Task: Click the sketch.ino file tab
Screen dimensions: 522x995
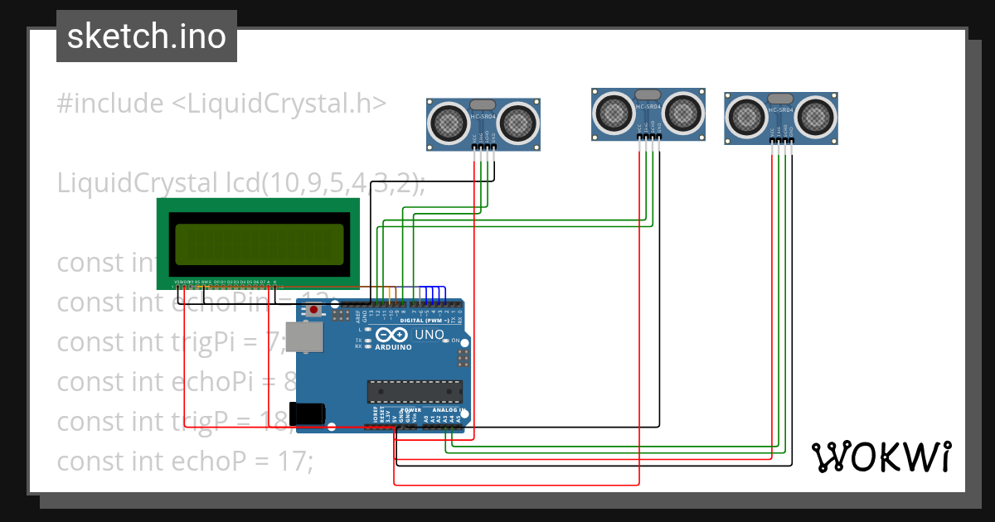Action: coord(146,36)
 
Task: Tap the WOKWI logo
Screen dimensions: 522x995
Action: coord(881,457)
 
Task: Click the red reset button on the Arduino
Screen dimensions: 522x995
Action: coord(314,310)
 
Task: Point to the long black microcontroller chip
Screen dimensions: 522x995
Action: coord(415,390)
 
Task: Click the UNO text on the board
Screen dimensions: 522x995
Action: coord(428,335)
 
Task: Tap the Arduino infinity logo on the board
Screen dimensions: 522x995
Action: coord(391,335)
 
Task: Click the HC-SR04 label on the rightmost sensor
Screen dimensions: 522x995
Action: coord(781,109)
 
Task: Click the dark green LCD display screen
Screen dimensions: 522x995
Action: coord(257,245)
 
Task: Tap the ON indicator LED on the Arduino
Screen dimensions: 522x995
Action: coord(444,341)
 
